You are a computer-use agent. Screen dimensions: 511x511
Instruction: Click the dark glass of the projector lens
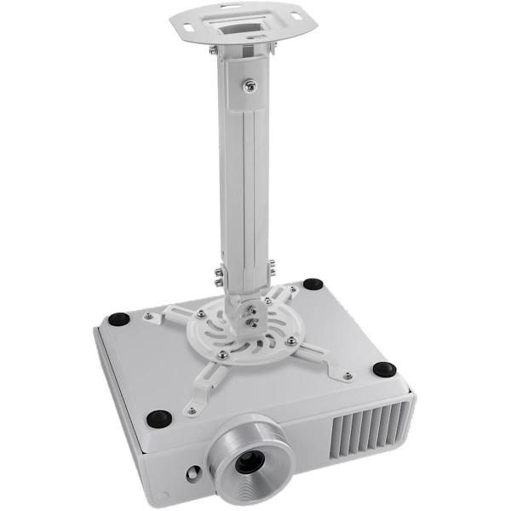tap(249, 462)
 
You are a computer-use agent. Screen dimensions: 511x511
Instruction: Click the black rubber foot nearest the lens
tap(158, 418)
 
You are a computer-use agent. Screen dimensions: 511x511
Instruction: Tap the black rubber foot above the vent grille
tap(384, 370)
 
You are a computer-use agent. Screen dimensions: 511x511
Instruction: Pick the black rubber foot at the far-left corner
tap(118, 319)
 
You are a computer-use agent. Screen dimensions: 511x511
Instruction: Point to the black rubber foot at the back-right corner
tap(313, 284)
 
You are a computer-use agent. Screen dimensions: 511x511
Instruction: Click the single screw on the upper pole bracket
tap(249, 85)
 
